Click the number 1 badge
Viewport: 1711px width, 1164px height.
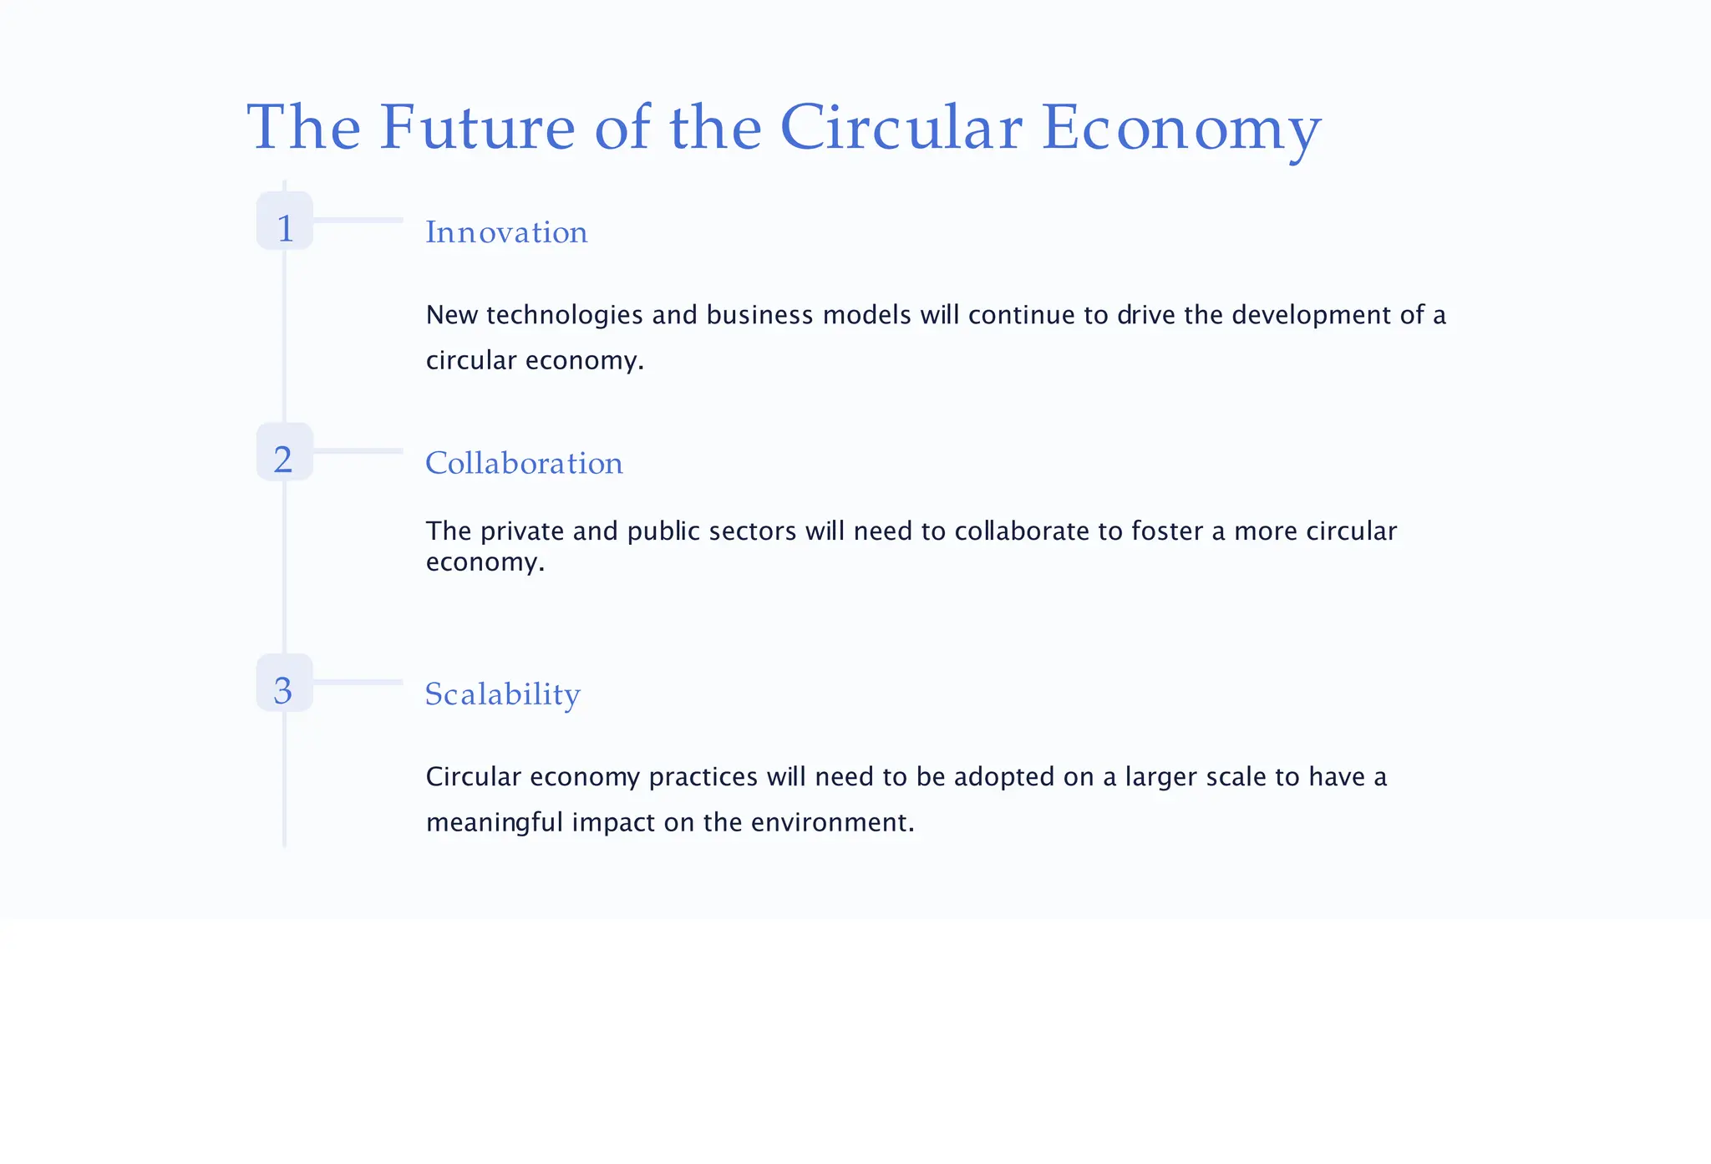point(285,221)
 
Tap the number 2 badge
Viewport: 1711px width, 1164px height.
point(285,452)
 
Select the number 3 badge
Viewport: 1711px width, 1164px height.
point(285,684)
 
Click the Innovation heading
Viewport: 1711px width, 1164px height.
point(506,232)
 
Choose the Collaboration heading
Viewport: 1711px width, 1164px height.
point(524,464)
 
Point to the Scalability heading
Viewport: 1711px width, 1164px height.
point(502,694)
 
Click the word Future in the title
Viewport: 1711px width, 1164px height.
point(477,128)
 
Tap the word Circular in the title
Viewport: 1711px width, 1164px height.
point(901,128)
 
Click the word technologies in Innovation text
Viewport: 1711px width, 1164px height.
point(564,315)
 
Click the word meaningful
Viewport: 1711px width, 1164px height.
point(495,822)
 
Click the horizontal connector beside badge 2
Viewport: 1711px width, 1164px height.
point(358,451)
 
